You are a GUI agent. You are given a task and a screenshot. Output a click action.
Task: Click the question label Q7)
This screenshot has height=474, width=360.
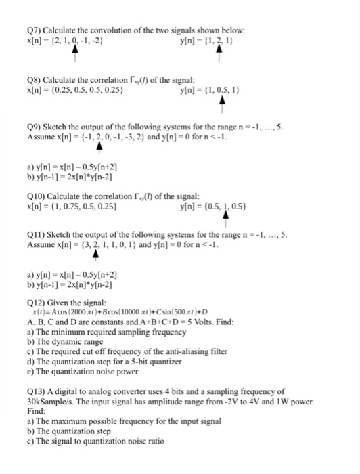[33, 31]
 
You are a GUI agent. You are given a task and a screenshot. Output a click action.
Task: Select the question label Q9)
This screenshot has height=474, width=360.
[33, 127]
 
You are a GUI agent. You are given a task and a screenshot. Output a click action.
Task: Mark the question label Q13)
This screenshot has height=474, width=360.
[35, 391]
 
